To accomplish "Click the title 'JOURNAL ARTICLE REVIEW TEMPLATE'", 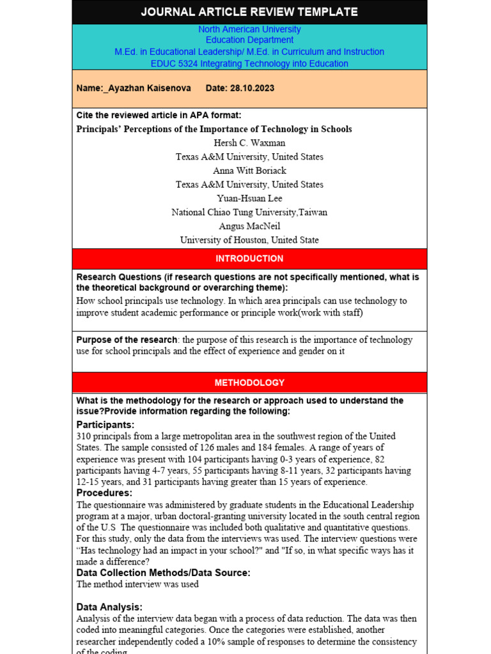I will click(x=249, y=12).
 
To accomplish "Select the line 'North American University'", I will click(x=249, y=29).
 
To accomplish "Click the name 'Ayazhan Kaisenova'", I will click(x=150, y=88).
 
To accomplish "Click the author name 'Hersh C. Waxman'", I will click(x=249, y=143).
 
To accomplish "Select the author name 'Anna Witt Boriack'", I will click(x=249, y=171).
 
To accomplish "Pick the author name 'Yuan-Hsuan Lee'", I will click(x=249, y=199).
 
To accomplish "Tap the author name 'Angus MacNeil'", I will click(x=249, y=226).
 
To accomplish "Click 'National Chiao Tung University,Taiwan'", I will click(x=249, y=212).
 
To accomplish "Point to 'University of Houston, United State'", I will click(x=249, y=240).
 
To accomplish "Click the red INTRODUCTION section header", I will click(x=249, y=259).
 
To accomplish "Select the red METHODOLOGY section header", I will click(x=249, y=383).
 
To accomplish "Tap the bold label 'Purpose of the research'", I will click(x=127, y=340).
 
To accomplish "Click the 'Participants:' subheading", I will click(x=105, y=425).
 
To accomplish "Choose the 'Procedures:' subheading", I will click(x=104, y=493).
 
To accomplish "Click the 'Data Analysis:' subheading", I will click(x=109, y=607).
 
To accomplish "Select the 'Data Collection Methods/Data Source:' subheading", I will click(x=163, y=573).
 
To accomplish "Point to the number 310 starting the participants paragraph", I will click(x=84, y=436).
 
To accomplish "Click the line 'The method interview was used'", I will click(x=137, y=584).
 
